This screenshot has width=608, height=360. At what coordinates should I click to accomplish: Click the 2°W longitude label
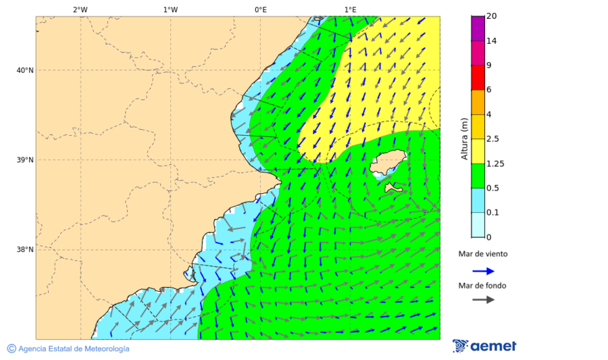click(x=80, y=9)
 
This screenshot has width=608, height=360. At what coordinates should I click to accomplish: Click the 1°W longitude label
click(x=170, y=9)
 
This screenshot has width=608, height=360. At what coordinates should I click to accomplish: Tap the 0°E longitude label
click(x=260, y=9)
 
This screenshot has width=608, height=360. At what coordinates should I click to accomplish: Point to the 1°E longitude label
click(x=350, y=9)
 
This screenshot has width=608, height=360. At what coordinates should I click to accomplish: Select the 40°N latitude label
click(x=25, y=70)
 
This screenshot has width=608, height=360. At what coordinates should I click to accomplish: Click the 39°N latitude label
click(x=25, y=160)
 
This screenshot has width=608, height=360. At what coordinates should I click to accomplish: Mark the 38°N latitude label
click(x=25, y=250)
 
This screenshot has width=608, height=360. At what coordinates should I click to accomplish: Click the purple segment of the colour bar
click(x=478, y=28)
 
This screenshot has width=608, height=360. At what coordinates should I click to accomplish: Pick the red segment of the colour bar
click(x=478, y=77)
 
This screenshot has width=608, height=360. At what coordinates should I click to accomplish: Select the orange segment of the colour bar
click(x=478, y=102)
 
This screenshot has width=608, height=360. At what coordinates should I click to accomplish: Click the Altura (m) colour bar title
click(x=464, y=138)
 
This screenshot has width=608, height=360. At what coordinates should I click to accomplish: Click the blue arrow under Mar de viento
click(x=483, y=271)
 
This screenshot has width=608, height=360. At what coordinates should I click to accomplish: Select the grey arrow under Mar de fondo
click(x=483, y=300)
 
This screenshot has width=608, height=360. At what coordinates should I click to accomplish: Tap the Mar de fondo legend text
click(x=482, y=286)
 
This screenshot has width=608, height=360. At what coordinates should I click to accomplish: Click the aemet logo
click(x=484, y=346)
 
